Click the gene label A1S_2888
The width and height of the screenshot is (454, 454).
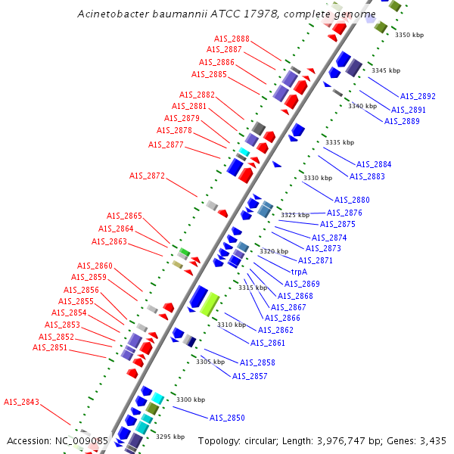pyautogui.click(x=232, y=39)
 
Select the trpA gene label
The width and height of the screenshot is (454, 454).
pyautogui.click(x=300, y=271)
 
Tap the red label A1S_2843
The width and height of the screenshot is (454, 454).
pyautogui.click(x=21, y=402)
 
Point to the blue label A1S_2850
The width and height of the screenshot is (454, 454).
pyautogui.click(x=227, y=418)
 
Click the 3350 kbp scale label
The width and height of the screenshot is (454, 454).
pyautogui.click(x=412, y=35)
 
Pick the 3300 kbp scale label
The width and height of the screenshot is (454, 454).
pyautogui.click(x=190, y=400)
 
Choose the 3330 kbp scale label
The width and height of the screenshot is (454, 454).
pyautogui.click(x=318, y=178)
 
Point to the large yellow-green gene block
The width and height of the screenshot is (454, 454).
pyautogui.click(x=210, y=303)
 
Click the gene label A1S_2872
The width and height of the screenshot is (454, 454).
pyautogui.click(x=147, y=176)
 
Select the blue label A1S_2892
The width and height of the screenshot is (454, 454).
pyautogui.click(x=418, y=96)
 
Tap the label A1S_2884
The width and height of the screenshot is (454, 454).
pyautogui.click(x=374, y=164)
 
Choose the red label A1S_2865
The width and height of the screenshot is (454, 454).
pyautogui.click(x=124, y=216)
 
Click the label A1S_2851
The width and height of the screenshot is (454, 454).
pyautogui.click(x=50, y=347)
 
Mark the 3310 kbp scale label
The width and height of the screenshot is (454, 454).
pyautogui.click(x=232, y=325)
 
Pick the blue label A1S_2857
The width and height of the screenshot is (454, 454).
pyautogui.click(x=250, y=376)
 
